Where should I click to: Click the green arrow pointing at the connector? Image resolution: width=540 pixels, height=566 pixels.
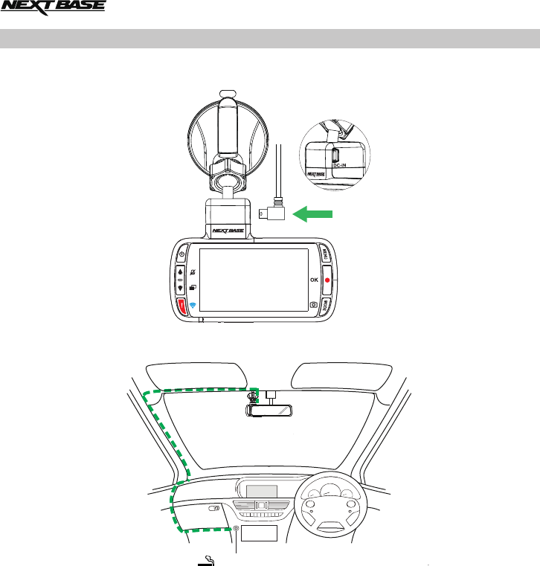pos(313,215)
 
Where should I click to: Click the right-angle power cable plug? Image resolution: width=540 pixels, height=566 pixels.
pos(269,213)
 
